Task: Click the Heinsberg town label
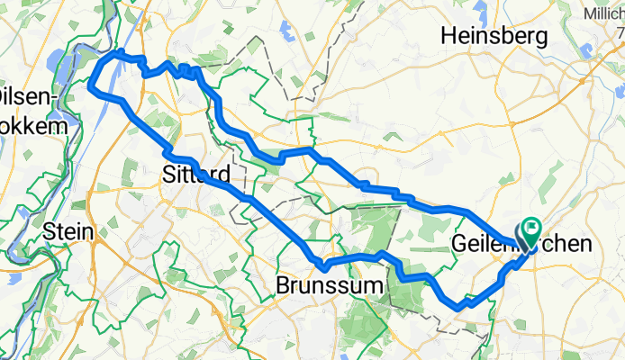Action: (494, 37)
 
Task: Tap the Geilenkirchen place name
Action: (521, 244)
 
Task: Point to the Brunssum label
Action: (329, 286)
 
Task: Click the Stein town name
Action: (68, 231)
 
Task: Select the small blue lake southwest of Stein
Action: (20, 267)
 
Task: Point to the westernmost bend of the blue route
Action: (90, 86)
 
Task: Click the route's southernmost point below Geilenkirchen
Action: (461, 307)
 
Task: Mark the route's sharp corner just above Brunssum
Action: (321, 265)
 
